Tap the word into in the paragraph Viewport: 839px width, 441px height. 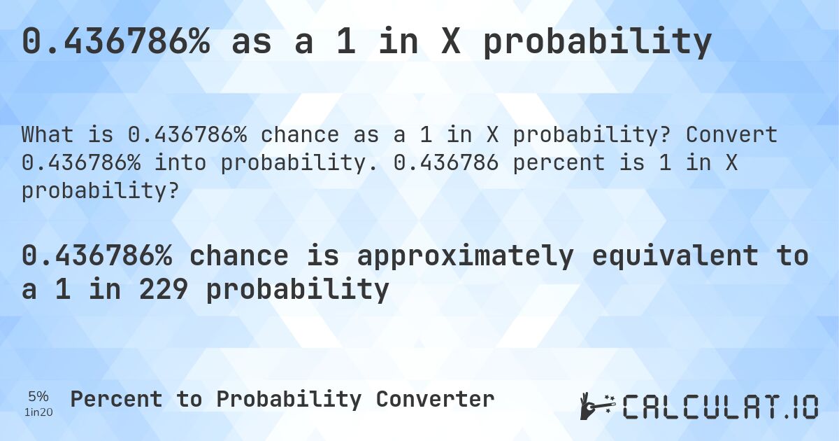tap(180, 162)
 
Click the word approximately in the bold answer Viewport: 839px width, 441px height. tap(464, 256)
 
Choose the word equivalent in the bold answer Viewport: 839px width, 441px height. tap(674, 256)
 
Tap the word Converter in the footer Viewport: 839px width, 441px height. tap(435, 399)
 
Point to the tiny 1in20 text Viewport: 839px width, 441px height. tap(38, 412)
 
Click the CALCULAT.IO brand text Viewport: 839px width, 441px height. tap(720, 407)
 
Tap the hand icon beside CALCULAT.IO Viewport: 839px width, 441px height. tap(596, 406)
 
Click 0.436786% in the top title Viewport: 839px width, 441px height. tap(115, 42)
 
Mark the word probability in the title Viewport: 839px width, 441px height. tap(597, 42)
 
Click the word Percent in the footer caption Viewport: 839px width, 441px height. tap(116, 399)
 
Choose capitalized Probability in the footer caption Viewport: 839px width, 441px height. tap(289, 399)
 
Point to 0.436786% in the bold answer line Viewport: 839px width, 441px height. tap(96, 256)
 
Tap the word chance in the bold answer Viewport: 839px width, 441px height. tap(238, 256)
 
